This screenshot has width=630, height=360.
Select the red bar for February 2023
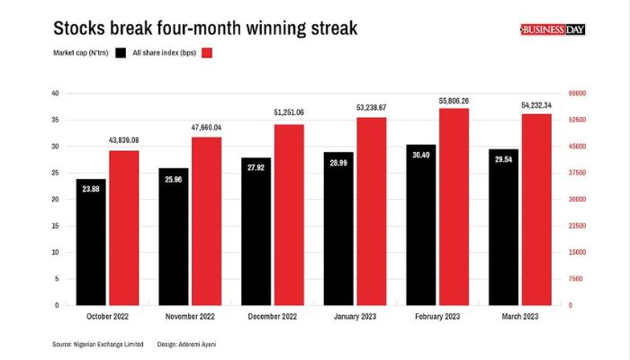[454, 207]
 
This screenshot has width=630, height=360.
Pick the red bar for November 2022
[207, 220]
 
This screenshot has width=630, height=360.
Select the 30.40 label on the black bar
[421, 155]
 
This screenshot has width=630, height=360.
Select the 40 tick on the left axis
[56, 94]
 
